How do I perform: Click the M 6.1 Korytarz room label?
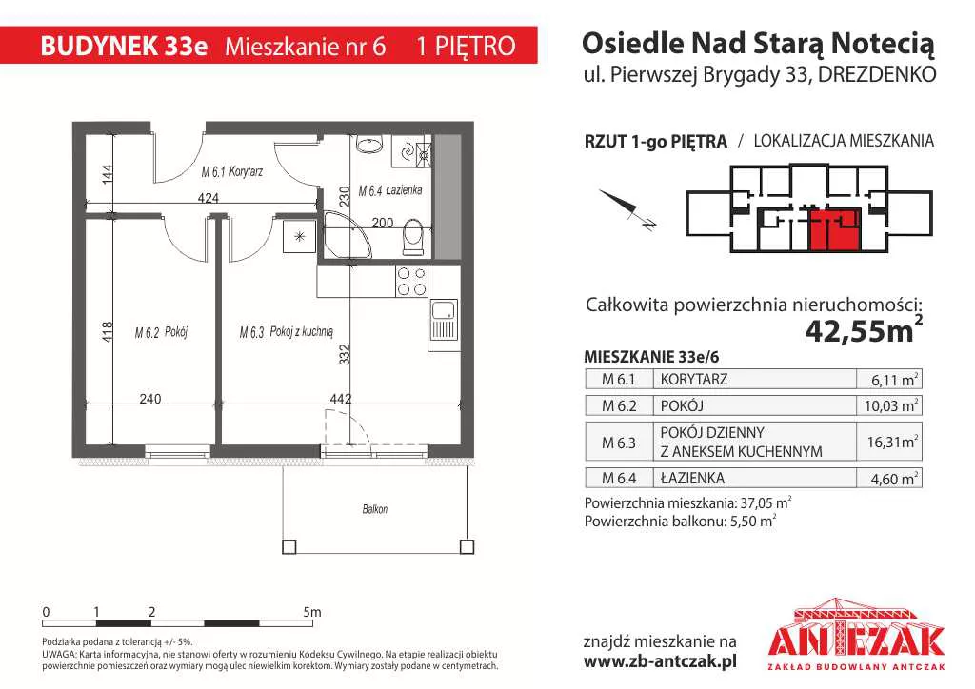232,172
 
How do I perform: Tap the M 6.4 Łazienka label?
390,190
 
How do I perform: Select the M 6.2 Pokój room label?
161,332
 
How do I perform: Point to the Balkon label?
375,509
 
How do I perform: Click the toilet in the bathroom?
412,236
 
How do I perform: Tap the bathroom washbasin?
370,146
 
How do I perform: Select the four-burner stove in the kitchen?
411,281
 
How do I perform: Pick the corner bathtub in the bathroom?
347,235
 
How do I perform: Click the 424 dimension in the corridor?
209,198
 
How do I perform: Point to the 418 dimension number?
107,332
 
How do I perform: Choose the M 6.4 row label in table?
619,478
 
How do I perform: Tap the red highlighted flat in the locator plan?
834,230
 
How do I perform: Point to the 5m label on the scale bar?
312,612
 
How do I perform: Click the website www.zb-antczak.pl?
660,662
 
